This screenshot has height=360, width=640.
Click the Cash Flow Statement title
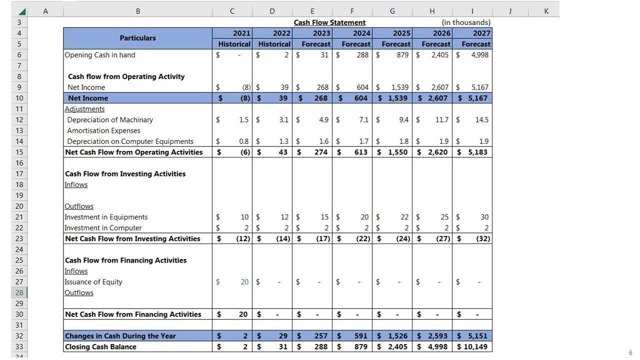[329, 22]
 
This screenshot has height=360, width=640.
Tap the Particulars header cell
[137, 38]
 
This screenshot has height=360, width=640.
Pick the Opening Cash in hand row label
[100, 55]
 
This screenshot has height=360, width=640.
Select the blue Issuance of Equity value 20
[244, 282]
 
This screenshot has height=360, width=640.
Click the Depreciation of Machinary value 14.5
[482, 120]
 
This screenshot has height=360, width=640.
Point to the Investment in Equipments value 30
[484, 217]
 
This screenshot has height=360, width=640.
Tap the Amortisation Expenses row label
[103, 130]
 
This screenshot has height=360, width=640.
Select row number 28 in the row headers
[19, 292]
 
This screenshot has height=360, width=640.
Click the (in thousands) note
[466, 22]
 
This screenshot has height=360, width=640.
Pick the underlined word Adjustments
[84, 109]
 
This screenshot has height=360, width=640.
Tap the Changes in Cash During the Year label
[120, 336]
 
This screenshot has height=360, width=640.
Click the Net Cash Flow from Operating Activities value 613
[360, 152]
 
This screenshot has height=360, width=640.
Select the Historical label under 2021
[234, 44]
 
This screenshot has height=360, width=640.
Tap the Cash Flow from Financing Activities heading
[125, 260]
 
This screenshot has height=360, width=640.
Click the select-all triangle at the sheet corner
[21, 11]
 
